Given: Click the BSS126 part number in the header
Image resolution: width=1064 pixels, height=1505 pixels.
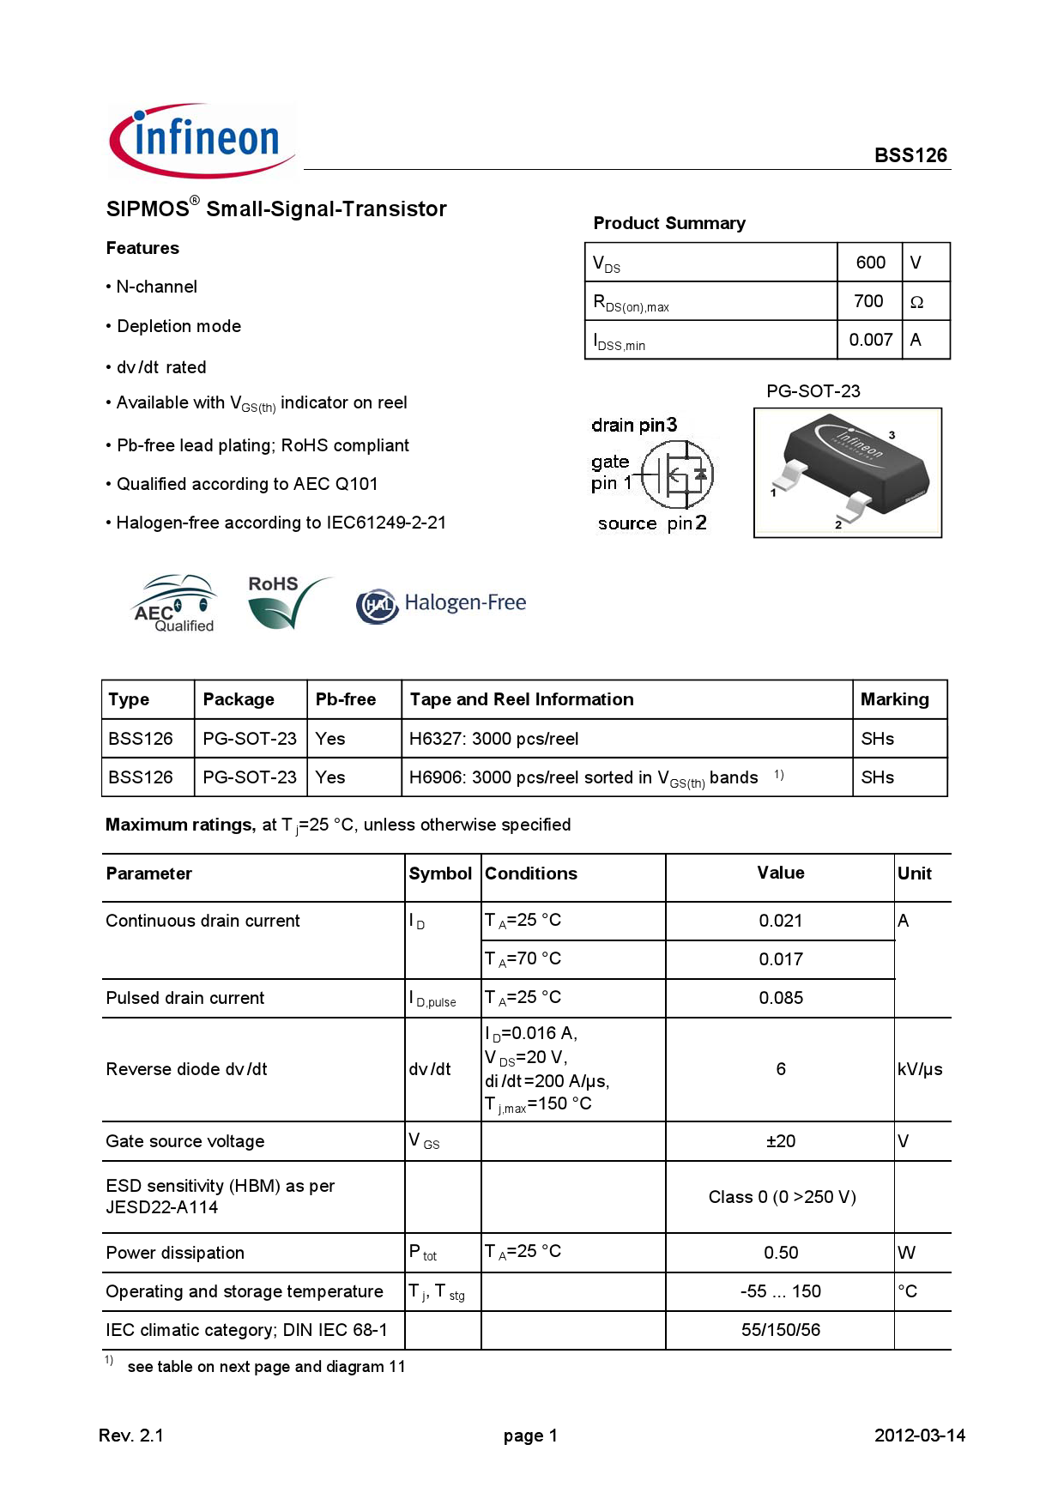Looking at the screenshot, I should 910,155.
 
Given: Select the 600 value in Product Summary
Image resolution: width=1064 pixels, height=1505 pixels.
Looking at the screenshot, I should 870,263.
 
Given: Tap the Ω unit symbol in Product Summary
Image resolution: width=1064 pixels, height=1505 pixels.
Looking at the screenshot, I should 916,302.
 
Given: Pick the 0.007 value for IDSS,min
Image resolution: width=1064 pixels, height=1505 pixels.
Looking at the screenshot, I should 870,340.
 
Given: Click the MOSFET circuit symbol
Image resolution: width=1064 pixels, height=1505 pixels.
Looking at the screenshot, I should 678,474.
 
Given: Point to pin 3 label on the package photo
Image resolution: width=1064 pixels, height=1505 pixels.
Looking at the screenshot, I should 892,435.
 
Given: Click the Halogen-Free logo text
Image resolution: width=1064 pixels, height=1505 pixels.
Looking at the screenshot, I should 464,603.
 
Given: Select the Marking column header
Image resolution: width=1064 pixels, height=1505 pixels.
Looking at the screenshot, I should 894,699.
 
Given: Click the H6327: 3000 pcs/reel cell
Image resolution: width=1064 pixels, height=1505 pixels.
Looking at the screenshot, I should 493,739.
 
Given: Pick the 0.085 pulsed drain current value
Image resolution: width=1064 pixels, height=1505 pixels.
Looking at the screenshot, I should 780,998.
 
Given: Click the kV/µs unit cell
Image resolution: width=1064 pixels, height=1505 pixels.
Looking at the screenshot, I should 919,1069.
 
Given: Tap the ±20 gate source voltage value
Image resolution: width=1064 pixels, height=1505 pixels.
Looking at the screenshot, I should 780,1141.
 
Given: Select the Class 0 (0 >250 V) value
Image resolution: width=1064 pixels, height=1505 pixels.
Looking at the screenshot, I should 782,1197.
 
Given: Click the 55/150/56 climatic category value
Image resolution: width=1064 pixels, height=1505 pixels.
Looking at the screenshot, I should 780,1330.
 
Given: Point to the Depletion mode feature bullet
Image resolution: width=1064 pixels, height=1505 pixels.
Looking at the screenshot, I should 178,326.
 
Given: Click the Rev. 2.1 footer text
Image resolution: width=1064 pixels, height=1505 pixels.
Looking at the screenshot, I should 131,1435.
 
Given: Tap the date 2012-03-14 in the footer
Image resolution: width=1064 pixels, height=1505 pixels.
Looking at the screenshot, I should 919,1435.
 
